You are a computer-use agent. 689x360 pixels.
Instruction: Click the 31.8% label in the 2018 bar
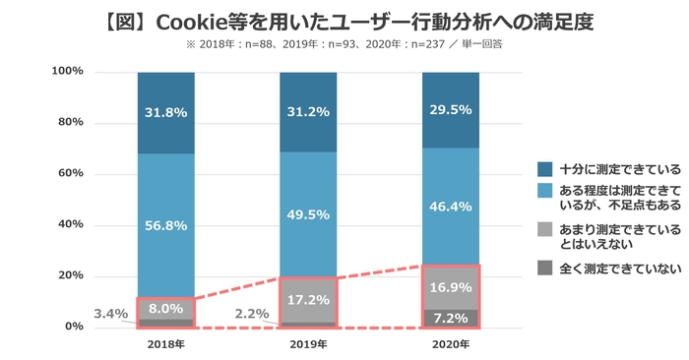pyautogui.click(x=164, y=111)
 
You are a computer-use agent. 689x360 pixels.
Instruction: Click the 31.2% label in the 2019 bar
pyautogui.click(x=308, y=111)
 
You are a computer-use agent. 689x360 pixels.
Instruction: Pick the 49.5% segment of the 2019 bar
pyautogui.click(x=308, y=214)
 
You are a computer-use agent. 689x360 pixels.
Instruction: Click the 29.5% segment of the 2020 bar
pyautogui.click(x=449, y=110)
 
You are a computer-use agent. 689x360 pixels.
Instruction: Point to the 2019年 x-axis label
pyautogui.click(x=307, y=345)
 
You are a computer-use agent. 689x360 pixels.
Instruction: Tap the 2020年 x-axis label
pyautogui.click(x=449, y=345)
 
